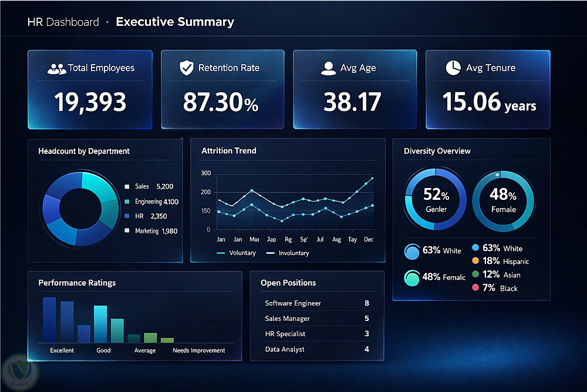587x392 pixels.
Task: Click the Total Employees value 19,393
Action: point(90,102)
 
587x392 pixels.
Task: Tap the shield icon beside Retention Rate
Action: point(186,68)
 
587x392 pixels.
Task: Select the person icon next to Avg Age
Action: point(328,68)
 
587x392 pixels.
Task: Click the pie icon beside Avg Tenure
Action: point(453,68)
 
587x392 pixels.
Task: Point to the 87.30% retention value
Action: point(220,102)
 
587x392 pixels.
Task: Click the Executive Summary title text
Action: point(175,22)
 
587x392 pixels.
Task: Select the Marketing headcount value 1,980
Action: point(169,231)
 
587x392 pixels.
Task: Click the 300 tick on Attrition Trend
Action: point(205,173)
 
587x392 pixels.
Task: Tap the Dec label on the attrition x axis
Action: point(369,240)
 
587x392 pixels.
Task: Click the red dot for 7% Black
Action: point(475,288)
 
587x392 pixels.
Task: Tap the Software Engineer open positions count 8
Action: point(367,303)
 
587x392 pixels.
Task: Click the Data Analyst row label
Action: point(285,349)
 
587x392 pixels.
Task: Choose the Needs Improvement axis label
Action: point(198,350)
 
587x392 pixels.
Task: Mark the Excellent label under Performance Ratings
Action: point(62,350)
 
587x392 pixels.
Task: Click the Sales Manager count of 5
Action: point(367,319)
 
